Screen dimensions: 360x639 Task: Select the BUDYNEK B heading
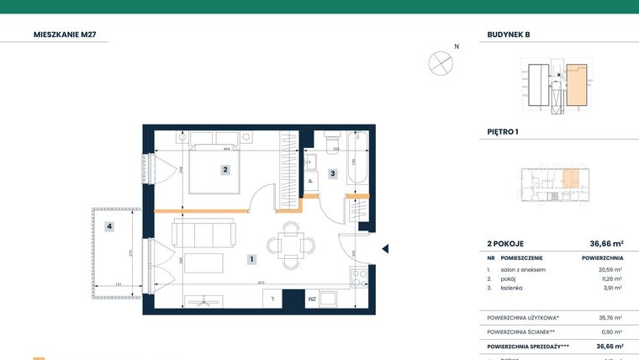509,34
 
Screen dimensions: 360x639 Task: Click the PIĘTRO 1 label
503,132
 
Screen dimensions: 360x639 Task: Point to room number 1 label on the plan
251,260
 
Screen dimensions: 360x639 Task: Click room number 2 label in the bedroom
225,169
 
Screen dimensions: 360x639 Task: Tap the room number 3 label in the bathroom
332,174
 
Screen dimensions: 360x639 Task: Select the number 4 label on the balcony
108,225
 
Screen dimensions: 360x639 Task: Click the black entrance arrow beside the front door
385,249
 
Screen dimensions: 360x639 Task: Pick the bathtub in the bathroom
355,161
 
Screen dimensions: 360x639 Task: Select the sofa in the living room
203,230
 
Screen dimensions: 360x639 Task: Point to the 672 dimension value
262,283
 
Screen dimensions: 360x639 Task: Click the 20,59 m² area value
610,269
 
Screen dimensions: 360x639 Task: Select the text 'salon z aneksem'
523,269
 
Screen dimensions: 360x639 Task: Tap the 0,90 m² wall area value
610,331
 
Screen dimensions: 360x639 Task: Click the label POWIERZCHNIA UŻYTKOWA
523,317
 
